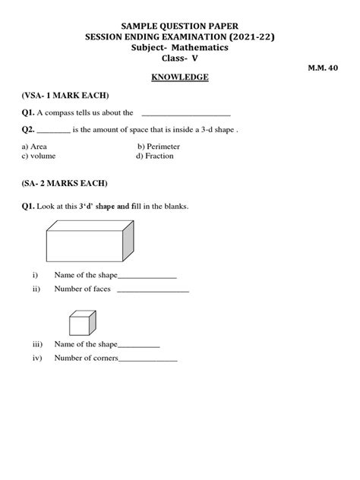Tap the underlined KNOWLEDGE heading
pyautogui.click(x=180, y=77)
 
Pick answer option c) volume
pyautogui.click(x=39, y=156)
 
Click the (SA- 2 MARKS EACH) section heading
pyautogui.click(x=65, y=184)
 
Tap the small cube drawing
pyautogui.click(x=81, y=322)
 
